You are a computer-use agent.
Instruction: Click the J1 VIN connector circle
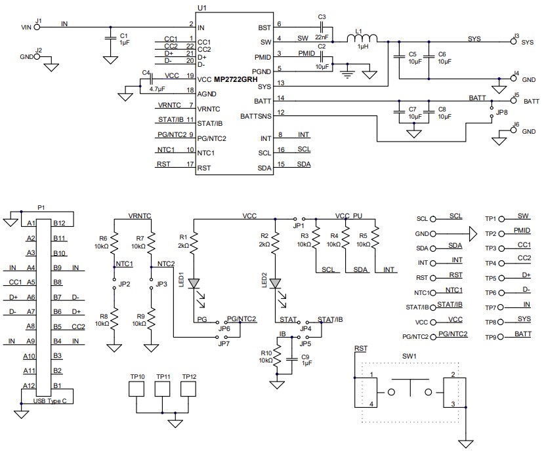37,27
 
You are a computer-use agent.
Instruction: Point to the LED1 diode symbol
194,284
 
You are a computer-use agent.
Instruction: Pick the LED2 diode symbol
276,284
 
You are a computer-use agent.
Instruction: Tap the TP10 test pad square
138,389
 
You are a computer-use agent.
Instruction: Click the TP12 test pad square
189,389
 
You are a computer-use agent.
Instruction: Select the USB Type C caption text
49,401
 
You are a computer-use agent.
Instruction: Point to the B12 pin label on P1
59,223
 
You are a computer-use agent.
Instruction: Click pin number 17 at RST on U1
190,165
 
